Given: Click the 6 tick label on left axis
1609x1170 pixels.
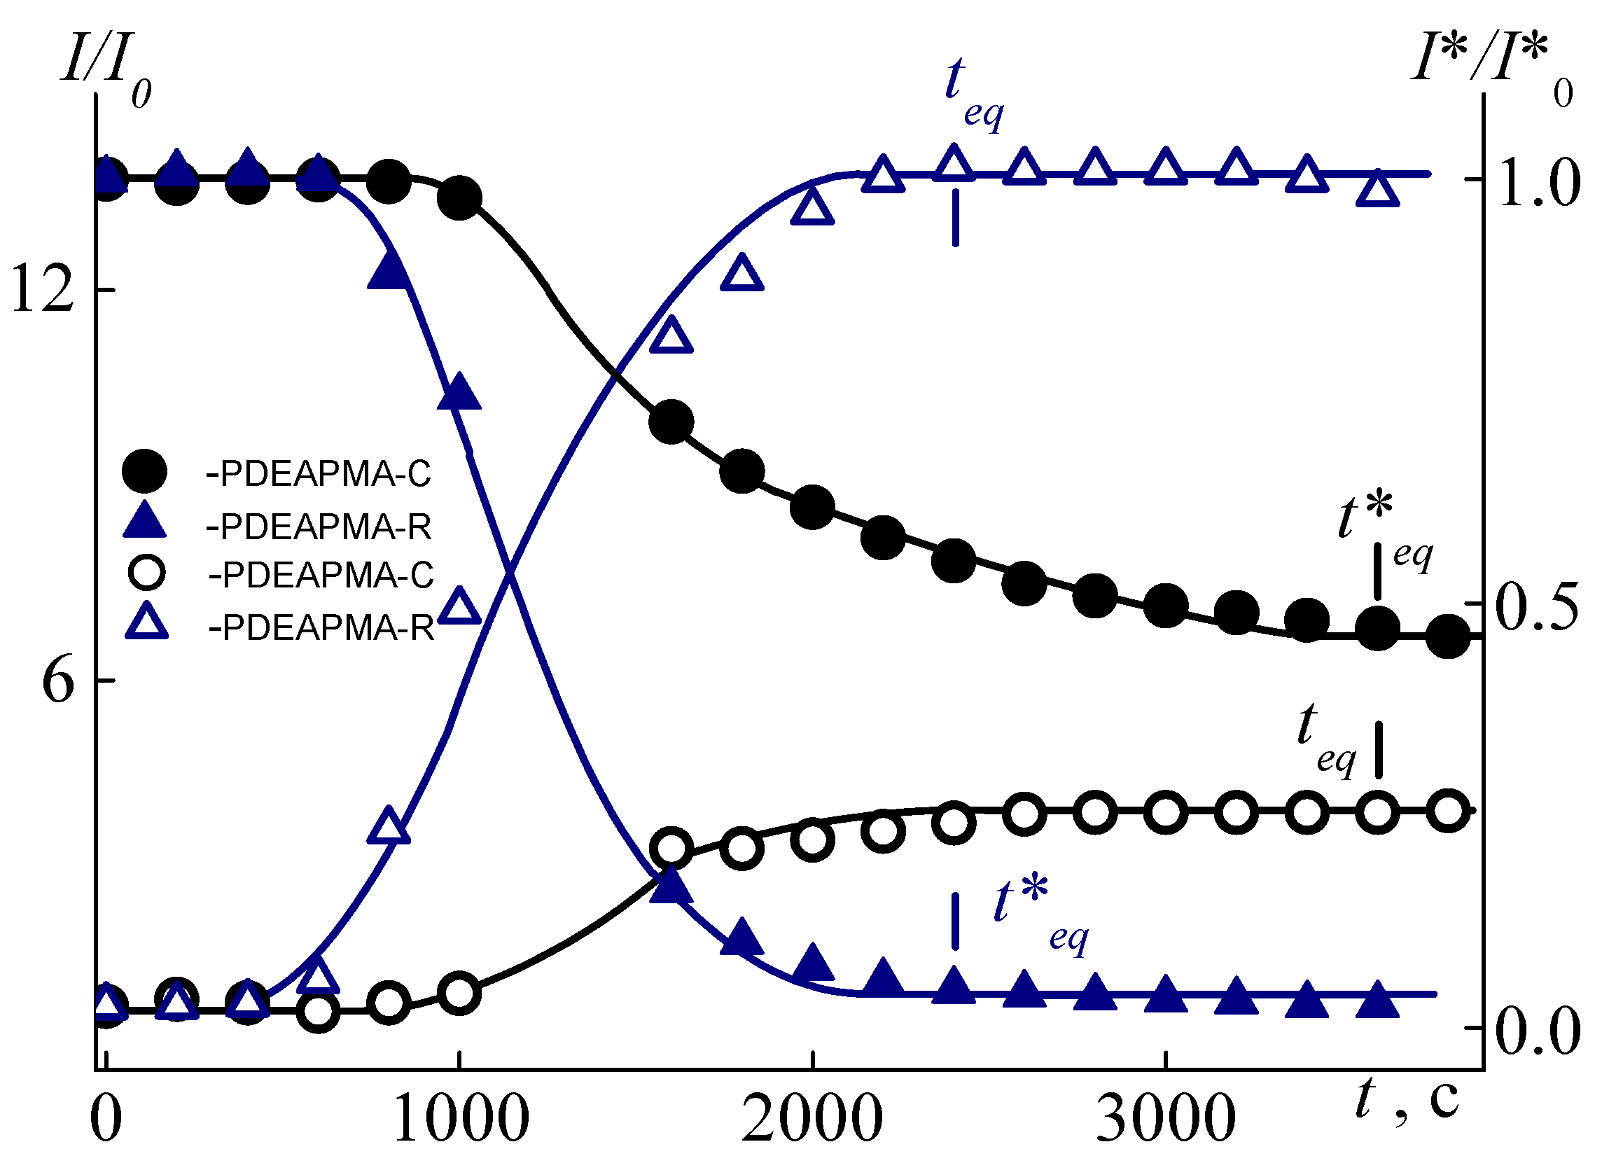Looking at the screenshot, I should (x=58, y=681).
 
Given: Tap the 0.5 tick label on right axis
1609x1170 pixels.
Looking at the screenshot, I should (x=1536, y=607).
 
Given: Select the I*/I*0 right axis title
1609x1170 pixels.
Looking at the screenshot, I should (x=1490, y=71).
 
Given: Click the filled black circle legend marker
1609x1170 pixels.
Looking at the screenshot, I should (x=145, y=471).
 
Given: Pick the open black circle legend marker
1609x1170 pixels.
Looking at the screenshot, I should (x=146, y=573).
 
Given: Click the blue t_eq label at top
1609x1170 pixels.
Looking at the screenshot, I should (x=972, y=92).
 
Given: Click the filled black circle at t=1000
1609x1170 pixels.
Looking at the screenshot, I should (x=459, y=197).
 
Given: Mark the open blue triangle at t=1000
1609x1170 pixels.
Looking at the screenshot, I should (x=459, y=606).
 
